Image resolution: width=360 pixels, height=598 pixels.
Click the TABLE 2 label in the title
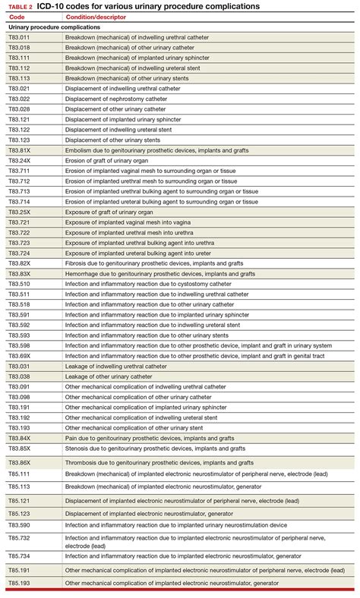click(x=21, y=6)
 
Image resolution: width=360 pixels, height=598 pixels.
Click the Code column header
click(x=16, y=16)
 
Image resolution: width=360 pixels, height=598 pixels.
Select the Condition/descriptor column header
click(x=95, y=16)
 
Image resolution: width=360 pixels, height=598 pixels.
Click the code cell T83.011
click(x=19, y=36)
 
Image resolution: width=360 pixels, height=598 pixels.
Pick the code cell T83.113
click(x=19, y=78)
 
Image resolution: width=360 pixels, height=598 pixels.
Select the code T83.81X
click(x=19, y=150)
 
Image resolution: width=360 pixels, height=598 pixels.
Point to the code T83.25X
click(x=19, y=212)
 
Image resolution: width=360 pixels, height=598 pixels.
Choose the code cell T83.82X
click(x=19, y=263)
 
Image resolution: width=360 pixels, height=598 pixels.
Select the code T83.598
click(x=19, y=345)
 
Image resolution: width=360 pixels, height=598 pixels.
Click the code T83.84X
click(x=19, y=438)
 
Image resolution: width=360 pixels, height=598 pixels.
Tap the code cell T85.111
click(x=19, y=474)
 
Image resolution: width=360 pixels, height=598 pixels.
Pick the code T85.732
click(x=19, y=538)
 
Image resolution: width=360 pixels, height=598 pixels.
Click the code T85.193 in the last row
click(x=19, y=583)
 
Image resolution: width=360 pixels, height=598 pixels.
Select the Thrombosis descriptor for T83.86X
click(x=159, y=462)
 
